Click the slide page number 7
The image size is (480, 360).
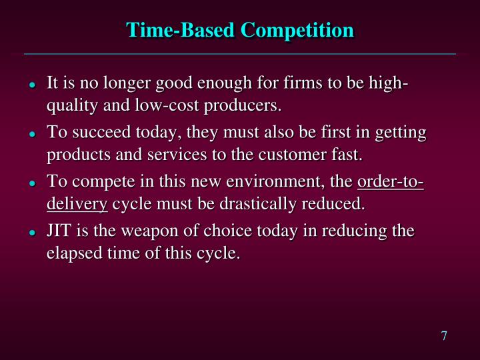(x=443, y=335)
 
